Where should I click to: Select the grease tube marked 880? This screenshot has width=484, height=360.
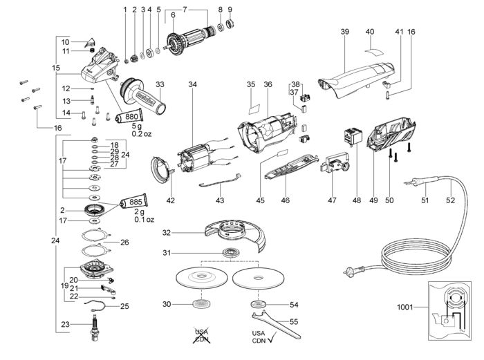coord(129,116)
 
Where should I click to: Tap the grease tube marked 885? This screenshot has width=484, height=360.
coord(133,202)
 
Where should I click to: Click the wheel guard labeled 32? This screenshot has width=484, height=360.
coord(235,235)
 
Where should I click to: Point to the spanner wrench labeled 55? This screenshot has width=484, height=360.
coord(276,325)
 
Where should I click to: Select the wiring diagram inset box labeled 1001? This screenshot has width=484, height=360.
coord(449,311)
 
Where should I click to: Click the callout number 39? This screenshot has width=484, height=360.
coord(345,32)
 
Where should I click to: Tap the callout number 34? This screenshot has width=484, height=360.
coord(192,84)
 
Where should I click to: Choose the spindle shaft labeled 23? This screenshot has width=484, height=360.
coord(95,328)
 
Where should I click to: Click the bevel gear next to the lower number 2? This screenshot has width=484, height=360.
coord(95,211)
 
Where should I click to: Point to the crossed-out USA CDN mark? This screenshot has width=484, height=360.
coord(201,335)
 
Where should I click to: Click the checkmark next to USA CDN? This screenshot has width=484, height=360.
coord(271,339)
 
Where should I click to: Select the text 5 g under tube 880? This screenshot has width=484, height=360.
coord(138,126)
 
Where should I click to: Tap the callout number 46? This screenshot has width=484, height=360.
coord(285,200)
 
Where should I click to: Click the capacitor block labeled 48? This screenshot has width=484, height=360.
coord(353,135)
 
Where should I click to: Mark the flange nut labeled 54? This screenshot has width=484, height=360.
coord(258,305)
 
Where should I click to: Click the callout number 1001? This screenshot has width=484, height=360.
coord(404,307)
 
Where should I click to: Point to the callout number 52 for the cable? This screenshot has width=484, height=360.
coord(450,200)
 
